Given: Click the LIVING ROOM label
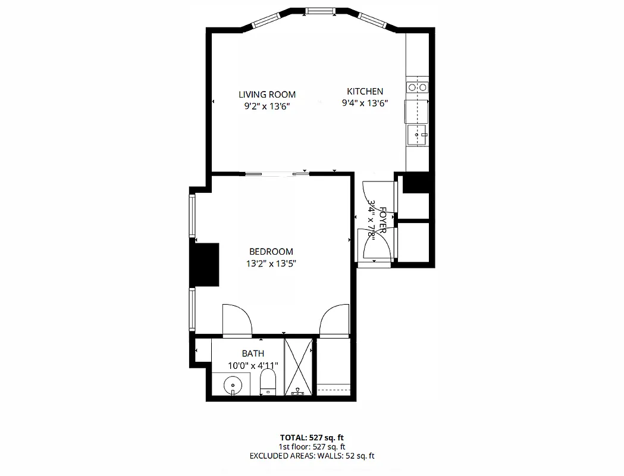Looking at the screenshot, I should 267,94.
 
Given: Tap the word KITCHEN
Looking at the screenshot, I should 365,91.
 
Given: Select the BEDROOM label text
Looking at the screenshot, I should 271,252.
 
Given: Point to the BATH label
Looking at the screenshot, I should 253,353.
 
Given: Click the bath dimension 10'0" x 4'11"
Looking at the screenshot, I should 253,365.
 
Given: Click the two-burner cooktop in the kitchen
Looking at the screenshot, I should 417,87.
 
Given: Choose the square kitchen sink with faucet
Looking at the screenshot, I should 418,135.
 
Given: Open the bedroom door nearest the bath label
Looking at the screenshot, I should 237,320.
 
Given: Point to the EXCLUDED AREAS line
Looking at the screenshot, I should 312,456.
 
